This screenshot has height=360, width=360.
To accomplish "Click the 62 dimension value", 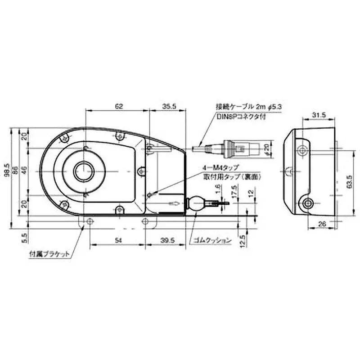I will (119, 107).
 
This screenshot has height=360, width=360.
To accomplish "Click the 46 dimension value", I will (25, 171).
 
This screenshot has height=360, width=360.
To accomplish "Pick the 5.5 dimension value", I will (24, 237).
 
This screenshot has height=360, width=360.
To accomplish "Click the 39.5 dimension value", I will (167, 241).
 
